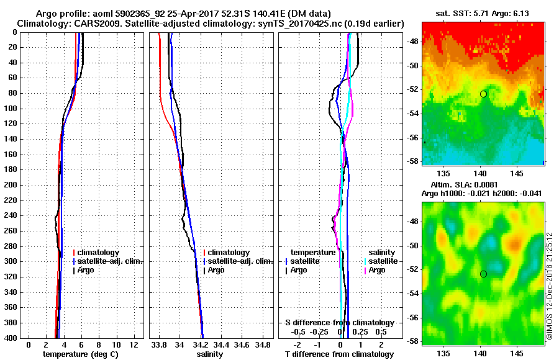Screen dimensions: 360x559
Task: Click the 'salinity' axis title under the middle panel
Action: pyautogui.click(x=209, y=354)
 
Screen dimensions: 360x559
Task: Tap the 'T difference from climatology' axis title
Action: pyautogui.click(x=339, y=354)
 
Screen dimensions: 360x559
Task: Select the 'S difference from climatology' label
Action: pyautogui.click(x=339, y=323)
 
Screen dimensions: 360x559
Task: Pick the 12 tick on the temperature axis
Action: pyautogui.click(x=132, y=344)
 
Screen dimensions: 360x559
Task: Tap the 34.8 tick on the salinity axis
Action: pyautogui.click(x=263, y=344)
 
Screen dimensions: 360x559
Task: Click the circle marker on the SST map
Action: pyautogui.click(x=483, y=94)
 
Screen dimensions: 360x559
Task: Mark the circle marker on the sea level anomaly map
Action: pyautogui.click(x=483, y=274)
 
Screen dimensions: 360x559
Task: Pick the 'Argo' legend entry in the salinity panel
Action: pyautogui.click(x=216, y=270)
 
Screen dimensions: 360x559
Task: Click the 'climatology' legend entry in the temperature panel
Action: pyautogui.click(x=99, y=253)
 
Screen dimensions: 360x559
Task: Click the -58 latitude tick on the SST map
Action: pyautogui.click(x=412, y=161)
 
